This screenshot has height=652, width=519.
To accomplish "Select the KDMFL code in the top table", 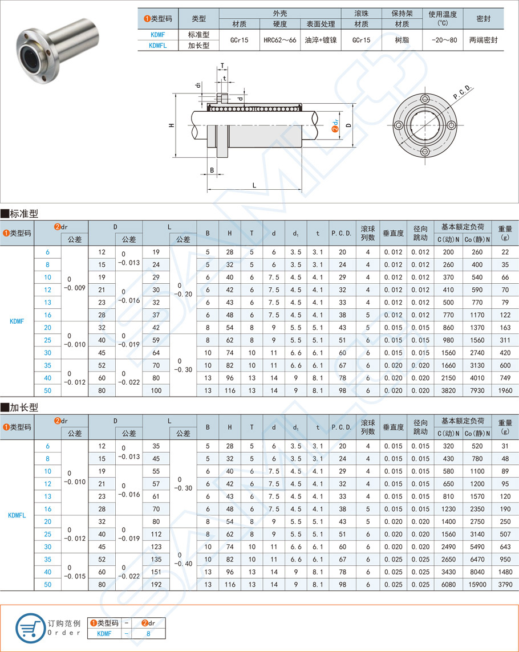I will [157, 46].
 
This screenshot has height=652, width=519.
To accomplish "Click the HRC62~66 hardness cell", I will [279, 40].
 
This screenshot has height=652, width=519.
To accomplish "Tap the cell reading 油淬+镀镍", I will [321, 40].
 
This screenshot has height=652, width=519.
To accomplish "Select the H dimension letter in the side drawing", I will [171, 125].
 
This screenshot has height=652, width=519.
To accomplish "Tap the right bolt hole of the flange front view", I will [451, 125].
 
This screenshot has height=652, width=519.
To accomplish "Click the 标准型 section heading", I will [23, 214].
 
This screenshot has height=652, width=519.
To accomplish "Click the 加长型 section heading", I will [23, 407].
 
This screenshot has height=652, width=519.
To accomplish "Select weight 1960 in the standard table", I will [505, 390].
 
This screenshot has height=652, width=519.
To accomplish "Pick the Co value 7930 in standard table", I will [477, 390].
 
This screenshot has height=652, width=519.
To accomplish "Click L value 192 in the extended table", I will [156, 584].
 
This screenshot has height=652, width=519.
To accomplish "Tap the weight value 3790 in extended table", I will [505, 584].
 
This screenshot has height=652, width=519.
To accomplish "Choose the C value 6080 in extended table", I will [448, 584].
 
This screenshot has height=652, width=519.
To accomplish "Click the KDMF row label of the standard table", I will [17, 321].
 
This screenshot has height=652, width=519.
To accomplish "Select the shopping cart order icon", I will [30, 628].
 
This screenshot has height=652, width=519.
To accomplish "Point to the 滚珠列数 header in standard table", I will [368, 233].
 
